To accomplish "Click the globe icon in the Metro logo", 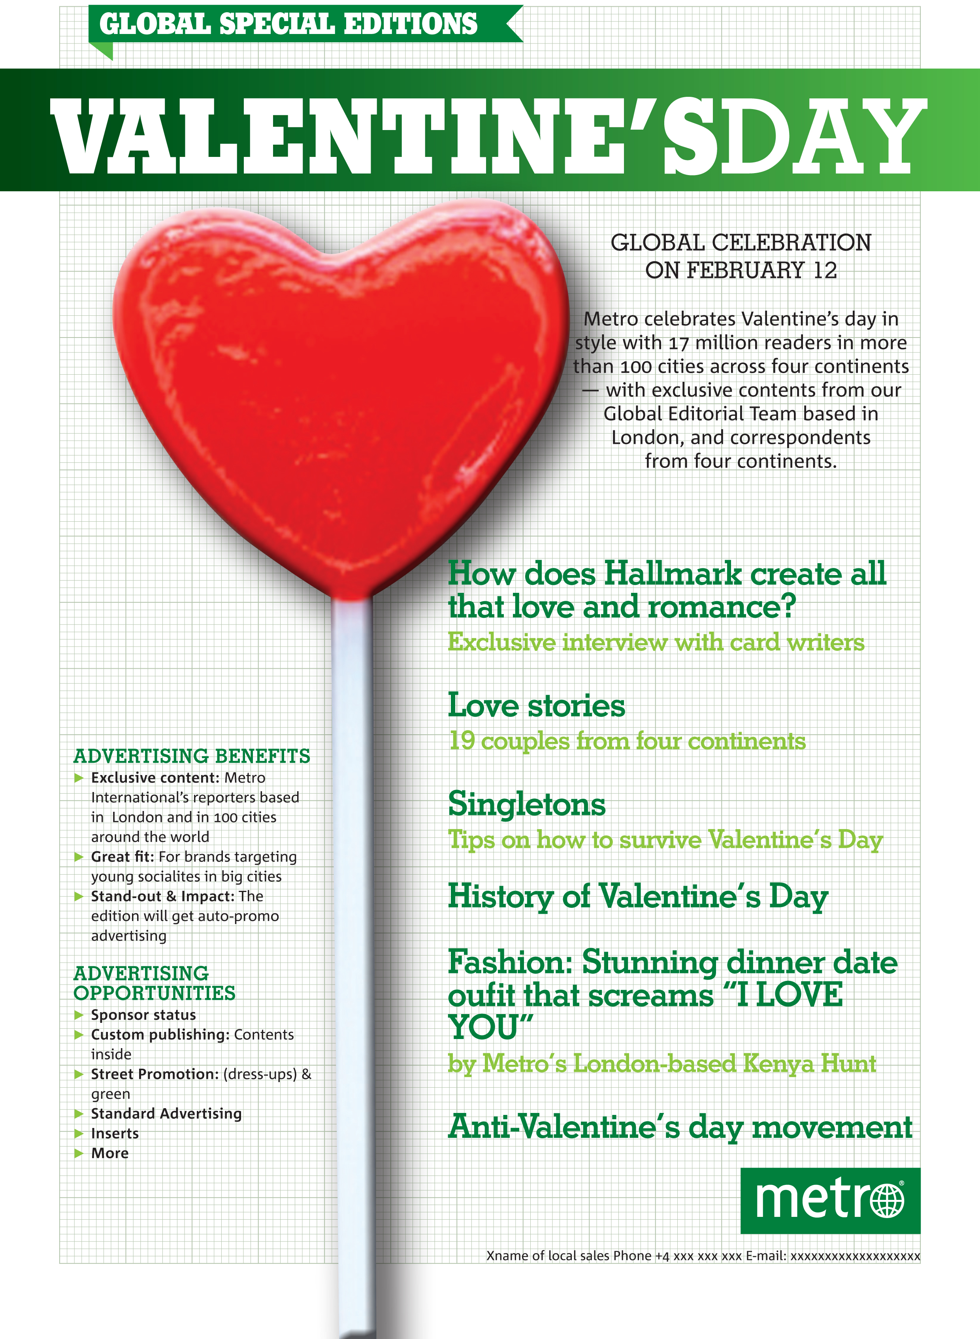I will click(x=887, y=1201).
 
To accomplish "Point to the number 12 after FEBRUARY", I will click(x=825, y=271).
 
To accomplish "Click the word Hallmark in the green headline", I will click(x=673, y=574).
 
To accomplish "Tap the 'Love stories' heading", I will click(x=536, y=706).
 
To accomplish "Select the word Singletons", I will click(x=527, y=805).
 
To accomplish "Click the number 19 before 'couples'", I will click(x=462, y=741).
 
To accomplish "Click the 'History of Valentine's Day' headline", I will click(x=638, y=896).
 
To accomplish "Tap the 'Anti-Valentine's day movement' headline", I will click(x=680, y=1127).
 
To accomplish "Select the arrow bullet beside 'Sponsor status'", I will click(x=78, y=1015).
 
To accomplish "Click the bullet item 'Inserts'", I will click(x=115, y=1134).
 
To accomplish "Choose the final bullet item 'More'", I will click(x=110, y=1153).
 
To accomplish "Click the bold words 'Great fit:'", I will click(x=122, y=857).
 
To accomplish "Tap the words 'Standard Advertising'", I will click(x=166, y=1114).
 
